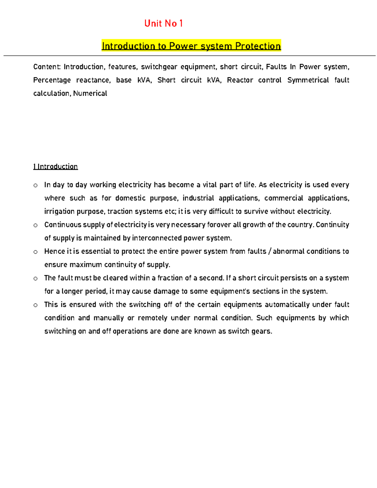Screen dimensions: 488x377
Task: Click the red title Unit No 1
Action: [163, 24]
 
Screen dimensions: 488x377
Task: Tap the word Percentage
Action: [52, 80]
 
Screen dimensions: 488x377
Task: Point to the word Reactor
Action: [240, 80]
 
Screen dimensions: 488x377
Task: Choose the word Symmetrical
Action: [308, 80]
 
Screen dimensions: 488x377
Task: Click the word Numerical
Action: [90, 93]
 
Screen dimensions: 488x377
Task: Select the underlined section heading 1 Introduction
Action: [56, 167]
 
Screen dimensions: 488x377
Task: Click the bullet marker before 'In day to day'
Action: [36, 185]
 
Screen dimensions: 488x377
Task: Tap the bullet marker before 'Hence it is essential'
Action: [36, 252]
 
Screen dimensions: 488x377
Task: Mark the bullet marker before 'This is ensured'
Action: [36, 305]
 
